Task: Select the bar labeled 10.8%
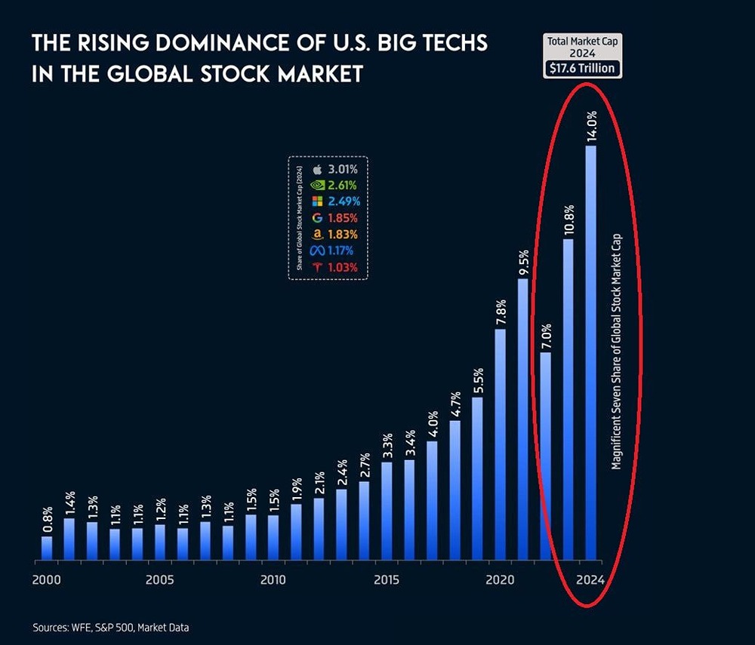569,400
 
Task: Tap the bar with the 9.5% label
522,419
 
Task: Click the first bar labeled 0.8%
47,548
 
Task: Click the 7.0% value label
545,335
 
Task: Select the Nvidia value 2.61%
342,185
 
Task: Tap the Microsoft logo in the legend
317,201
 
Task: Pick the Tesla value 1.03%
342,268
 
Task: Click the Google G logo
317,218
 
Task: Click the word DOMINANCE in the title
199,44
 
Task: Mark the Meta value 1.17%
342,251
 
